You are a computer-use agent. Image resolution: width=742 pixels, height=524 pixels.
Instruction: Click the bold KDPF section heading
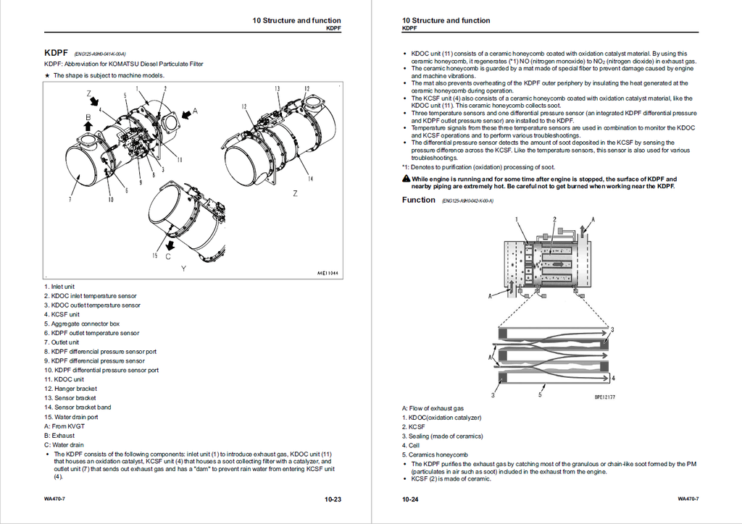tap(56, 53)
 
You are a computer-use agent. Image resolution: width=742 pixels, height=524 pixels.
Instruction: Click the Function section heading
tap(419, 200)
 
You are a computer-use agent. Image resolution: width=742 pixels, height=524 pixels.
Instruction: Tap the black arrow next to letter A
tap(185, 112)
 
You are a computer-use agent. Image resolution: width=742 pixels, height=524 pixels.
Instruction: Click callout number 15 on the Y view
tap(155, 255)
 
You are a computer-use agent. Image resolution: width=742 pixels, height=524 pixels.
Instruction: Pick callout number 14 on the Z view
tap(310, 179)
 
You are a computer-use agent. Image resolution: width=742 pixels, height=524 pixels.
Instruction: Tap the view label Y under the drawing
tap(183, 269)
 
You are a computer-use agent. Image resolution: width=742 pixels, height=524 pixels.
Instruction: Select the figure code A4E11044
tap(328, 273)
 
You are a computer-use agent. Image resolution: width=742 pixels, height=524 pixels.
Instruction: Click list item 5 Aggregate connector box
tap(82, 324)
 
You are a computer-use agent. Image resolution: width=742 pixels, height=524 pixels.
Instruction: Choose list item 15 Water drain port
tap(71, 417)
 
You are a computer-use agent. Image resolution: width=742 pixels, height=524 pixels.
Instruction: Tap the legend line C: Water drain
tap(64, 445)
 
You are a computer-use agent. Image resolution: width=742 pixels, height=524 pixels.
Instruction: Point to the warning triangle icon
tap(406, 179)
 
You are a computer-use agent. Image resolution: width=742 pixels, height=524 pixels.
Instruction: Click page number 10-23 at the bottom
tap(333, 499)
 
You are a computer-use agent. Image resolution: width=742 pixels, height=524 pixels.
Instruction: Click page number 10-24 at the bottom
tap(411, 499)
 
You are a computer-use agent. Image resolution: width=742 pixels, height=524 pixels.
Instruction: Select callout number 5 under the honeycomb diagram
tap(540, 394)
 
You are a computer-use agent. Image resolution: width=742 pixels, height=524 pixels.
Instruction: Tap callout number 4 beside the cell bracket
tap(614, 378)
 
